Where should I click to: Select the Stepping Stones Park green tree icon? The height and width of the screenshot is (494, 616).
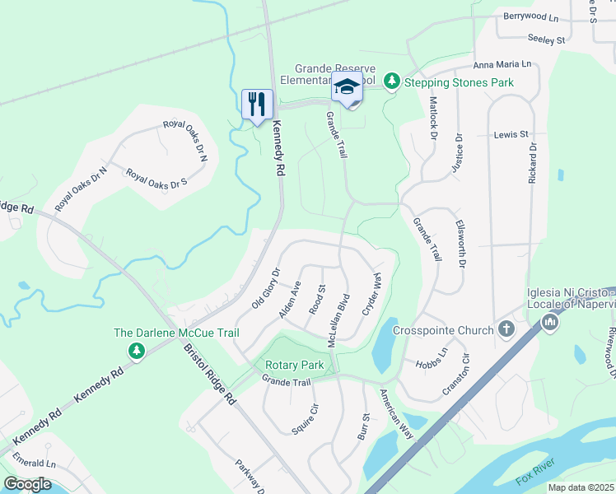click(393, 82)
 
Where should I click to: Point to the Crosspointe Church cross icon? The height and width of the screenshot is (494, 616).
click(506, 330)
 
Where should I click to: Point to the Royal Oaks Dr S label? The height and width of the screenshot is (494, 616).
click(156, 179)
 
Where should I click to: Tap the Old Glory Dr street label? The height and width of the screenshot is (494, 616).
click(266, 287)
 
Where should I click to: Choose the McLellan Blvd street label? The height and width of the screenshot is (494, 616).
click(338, 319)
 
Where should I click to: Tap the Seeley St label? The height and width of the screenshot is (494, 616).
click(547, 39)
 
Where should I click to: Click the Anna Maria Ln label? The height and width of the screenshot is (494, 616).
click(502, 63)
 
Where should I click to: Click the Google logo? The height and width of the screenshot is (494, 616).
click(27, 484)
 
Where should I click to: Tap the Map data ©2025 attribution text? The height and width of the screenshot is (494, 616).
click(581, 487)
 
